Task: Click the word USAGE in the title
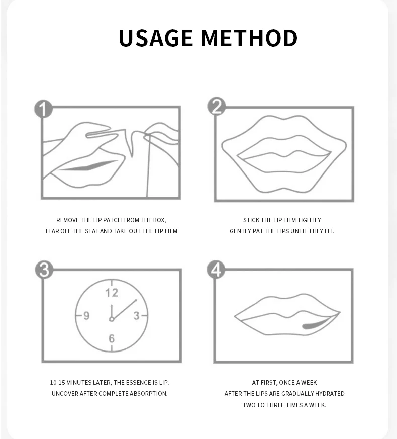click(156, 38)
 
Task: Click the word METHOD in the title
click(249, 38)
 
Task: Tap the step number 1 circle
click(43, 109)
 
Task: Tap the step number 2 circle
click(217, 106)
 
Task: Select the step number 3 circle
click(44, 270)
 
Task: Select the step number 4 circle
click(216, 270)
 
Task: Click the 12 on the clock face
click(112, 293)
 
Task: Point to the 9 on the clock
click(86, 316)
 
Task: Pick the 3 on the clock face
click(136, 316)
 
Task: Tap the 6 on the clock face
click(112, 339)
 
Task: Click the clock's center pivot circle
click(112, 319)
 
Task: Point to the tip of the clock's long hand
click(137, 300)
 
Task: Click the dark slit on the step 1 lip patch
click(89, 166)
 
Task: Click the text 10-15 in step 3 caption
click(57, 383)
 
